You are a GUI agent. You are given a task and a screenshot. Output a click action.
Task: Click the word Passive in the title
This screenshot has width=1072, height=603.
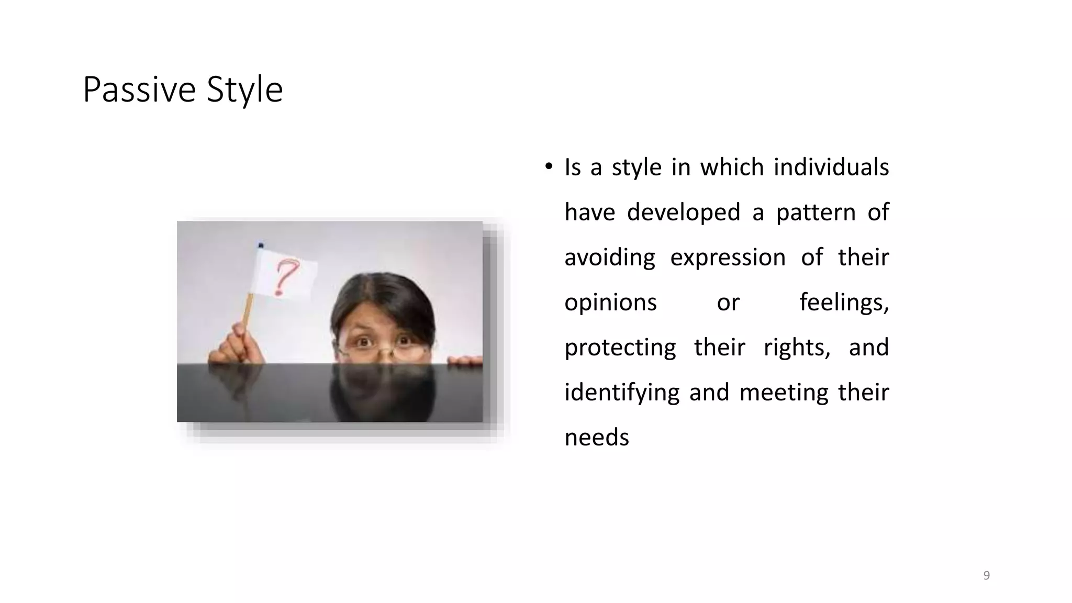coord(139,90)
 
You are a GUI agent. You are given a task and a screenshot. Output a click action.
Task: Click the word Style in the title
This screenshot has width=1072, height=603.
coord(244,90)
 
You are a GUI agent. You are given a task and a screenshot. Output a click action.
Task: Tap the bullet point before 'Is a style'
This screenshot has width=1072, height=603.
coord(548,167)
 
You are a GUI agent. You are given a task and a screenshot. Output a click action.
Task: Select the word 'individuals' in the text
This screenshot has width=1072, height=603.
coord(831,167)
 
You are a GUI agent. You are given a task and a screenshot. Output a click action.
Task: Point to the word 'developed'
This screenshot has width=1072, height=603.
coord(683,213)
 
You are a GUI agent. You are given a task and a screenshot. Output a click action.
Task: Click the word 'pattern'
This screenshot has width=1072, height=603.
coord(815,213)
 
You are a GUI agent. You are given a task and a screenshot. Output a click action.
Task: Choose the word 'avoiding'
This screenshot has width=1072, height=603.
coord(609,258)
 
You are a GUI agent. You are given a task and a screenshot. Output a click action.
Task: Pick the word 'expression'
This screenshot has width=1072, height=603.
coord(728,258)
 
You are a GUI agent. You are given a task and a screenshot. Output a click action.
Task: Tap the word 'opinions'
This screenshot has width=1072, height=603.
coord(610,303)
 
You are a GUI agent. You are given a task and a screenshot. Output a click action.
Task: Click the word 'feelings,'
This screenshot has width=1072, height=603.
coord(844,303)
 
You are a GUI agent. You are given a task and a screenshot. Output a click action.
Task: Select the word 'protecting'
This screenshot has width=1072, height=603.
coord(620,348)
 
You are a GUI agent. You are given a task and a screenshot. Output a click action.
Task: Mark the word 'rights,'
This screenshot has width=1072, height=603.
coord(797,348)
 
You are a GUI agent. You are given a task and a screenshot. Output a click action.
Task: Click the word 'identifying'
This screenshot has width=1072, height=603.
coord(622,393)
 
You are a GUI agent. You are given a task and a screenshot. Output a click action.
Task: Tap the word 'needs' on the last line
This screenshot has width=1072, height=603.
coord(596,438)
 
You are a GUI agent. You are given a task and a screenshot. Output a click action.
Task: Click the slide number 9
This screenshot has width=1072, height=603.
coord(986,576)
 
